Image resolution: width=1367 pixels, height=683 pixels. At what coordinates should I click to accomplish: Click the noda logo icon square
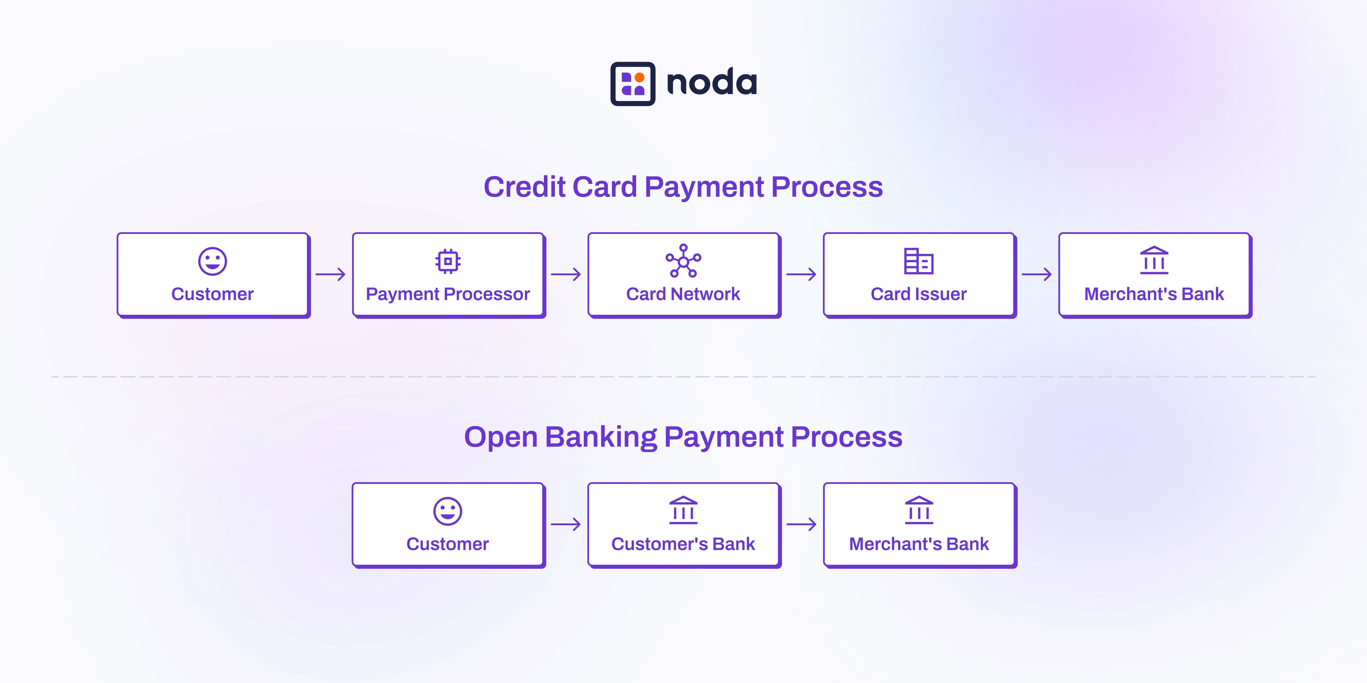pos(632,84)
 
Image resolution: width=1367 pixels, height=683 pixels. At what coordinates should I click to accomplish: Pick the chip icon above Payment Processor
pos(448,261)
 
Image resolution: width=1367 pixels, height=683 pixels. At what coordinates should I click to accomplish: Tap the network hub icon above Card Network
pos(683,261)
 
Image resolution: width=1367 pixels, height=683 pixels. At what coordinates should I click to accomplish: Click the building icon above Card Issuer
pos(919,261)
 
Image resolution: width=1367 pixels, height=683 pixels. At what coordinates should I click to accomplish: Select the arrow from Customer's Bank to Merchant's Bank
pos(801,525)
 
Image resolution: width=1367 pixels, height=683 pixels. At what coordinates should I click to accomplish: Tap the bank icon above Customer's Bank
pos(683,510)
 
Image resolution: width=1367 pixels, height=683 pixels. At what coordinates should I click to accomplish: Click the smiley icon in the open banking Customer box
pos(448,511)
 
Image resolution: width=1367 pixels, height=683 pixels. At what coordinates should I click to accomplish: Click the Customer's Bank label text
pos(683,544)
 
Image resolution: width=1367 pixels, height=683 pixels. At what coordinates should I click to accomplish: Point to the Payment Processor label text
pos(448,294)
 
